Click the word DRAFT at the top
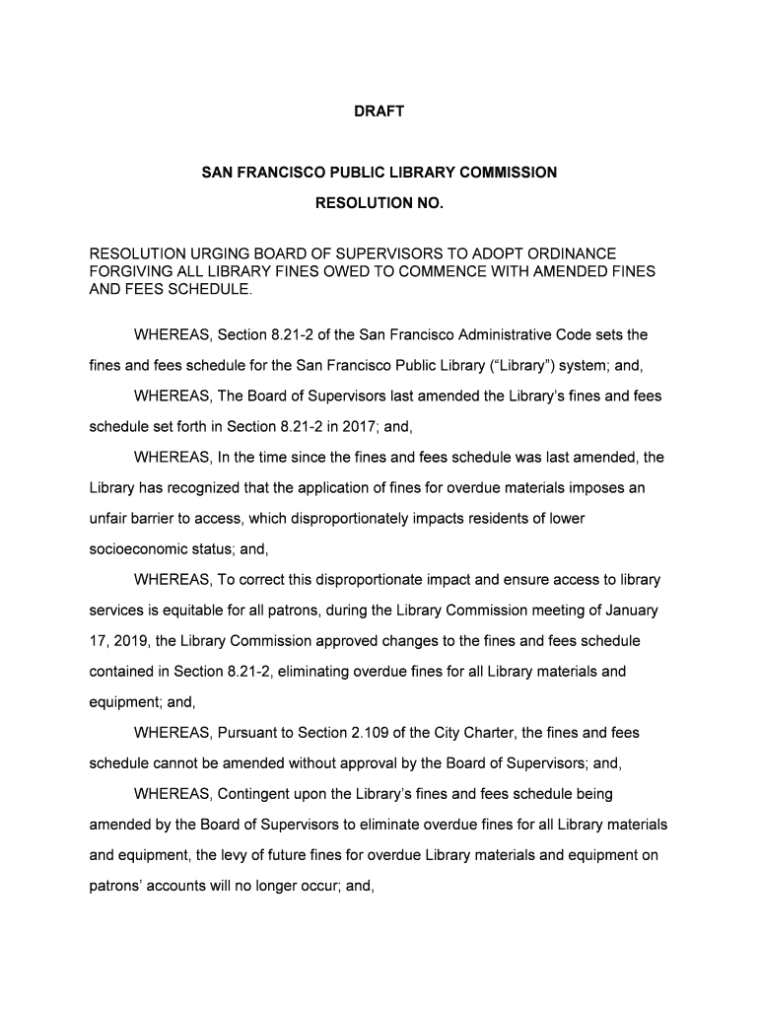[x=379, y=112]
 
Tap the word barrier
[x=181, y=519]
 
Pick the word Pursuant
[x=251, y=733]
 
